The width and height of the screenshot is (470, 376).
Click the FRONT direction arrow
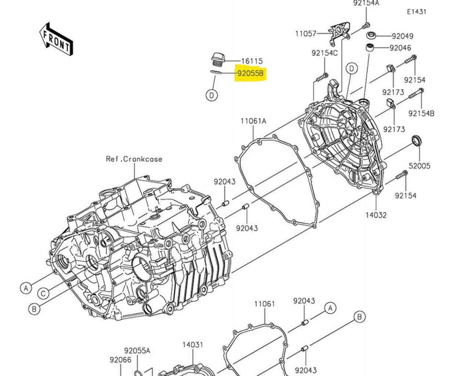[x=56, y=40]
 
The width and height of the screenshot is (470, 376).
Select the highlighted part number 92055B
[x=250, y=73]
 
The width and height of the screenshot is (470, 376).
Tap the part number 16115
[x=252, y=61]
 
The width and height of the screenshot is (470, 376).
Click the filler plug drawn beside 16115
[x=218, y=60]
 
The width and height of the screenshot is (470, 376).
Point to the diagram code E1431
[x=416, y=12]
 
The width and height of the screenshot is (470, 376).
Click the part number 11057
[x=305, y=34]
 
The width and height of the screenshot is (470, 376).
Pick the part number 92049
[x=402, y=36]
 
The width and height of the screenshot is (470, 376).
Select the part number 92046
[x=400, y=48]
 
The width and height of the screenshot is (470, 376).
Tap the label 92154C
[x=325, y=53]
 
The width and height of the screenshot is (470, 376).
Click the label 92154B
[x=421, y=113]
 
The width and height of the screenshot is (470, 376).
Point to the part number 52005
[x=419, y=166]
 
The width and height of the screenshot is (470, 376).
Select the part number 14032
[x=376, y=215]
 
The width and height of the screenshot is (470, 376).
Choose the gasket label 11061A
[x=253, y=121]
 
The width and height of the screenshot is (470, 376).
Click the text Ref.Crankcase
[x=134, y=159]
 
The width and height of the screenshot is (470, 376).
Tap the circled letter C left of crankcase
[x=43, y=293]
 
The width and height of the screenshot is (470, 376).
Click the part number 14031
[x=193, y=345]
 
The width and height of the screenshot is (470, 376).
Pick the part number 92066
[x=120, y=360]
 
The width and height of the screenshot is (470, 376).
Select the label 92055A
[x=137, y=351]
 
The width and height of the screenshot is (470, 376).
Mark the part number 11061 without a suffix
[x=264, y=304]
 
